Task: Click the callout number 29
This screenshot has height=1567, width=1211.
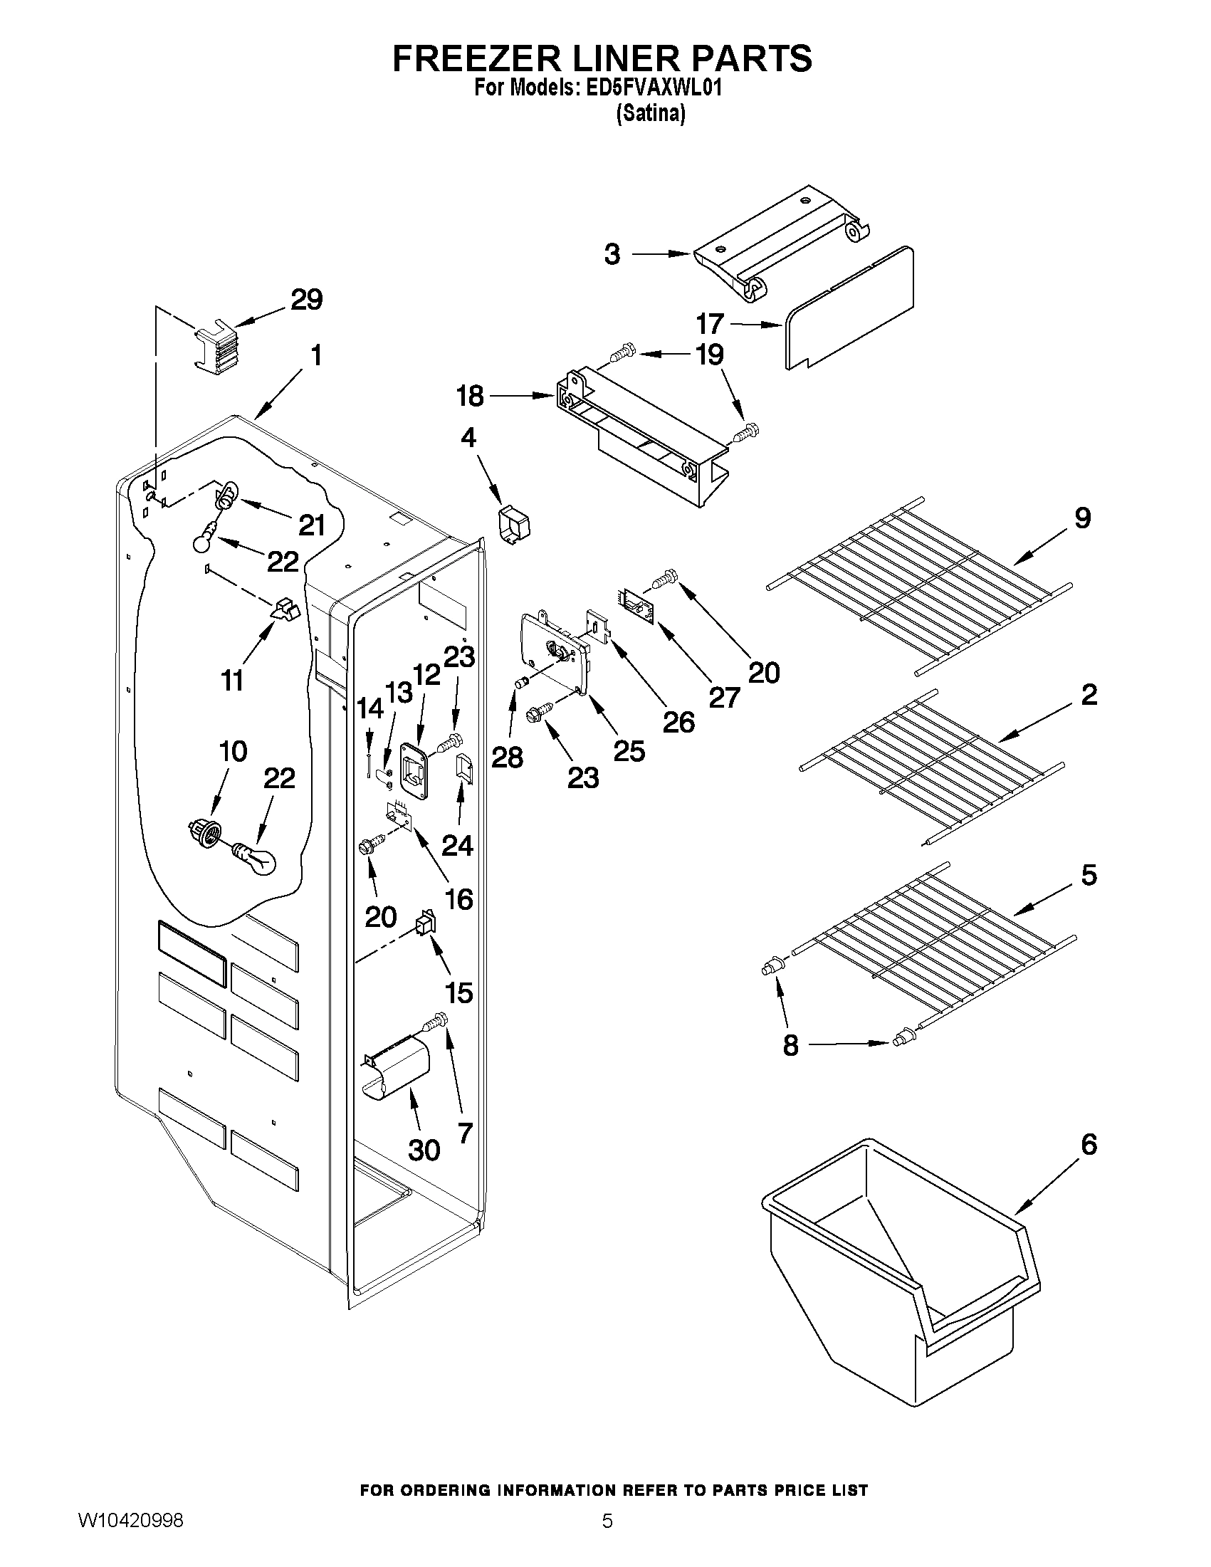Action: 306,299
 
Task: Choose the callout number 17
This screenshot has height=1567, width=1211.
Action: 710,324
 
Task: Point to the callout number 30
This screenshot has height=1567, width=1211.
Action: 424,1149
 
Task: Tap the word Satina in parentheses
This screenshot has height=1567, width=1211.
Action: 651,113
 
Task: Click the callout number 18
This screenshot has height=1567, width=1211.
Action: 470,395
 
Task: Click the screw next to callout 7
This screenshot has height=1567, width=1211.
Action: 436,1020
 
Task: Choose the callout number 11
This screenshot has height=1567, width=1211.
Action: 231,680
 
